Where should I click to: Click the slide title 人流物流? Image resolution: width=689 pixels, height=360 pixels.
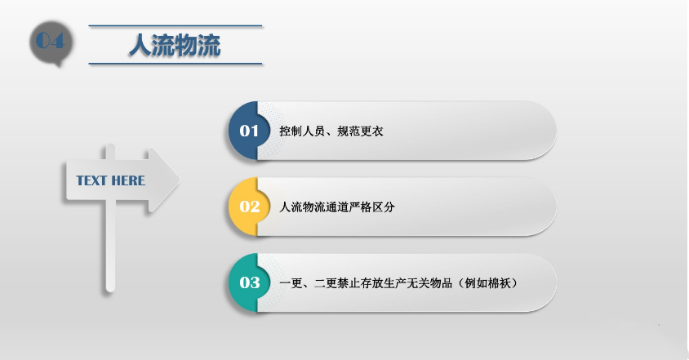click(x=175, y=46)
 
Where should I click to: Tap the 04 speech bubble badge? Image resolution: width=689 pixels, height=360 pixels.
click(x=49, y=42)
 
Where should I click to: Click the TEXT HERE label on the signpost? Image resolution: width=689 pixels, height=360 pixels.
click(x=110, y=180)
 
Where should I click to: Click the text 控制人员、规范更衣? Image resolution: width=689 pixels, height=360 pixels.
click(x=331, y=131)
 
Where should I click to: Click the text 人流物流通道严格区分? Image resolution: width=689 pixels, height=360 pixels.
click(x=337, y=207)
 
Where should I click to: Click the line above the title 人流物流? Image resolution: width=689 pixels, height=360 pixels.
click(x=175, y=26)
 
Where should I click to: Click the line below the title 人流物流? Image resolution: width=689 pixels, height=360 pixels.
click(x=175, y=64)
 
